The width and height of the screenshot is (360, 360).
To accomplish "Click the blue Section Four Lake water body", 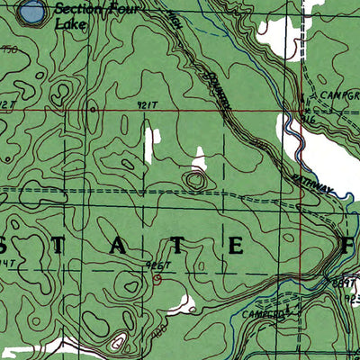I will (x=31, y=12).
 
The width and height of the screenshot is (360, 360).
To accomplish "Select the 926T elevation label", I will (x=156, y=266).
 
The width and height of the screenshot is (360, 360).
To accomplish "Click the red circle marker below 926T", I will (x=157, y=278).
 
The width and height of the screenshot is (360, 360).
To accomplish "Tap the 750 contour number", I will (x=8, y=51).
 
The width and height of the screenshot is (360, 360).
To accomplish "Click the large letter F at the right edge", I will (x=348, y=244).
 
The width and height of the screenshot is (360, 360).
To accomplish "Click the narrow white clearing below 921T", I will (x=150, y=144).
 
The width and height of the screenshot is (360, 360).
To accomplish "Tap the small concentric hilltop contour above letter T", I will (x=194, y=181).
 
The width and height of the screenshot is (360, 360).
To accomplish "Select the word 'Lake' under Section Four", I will (x=69, y=25).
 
